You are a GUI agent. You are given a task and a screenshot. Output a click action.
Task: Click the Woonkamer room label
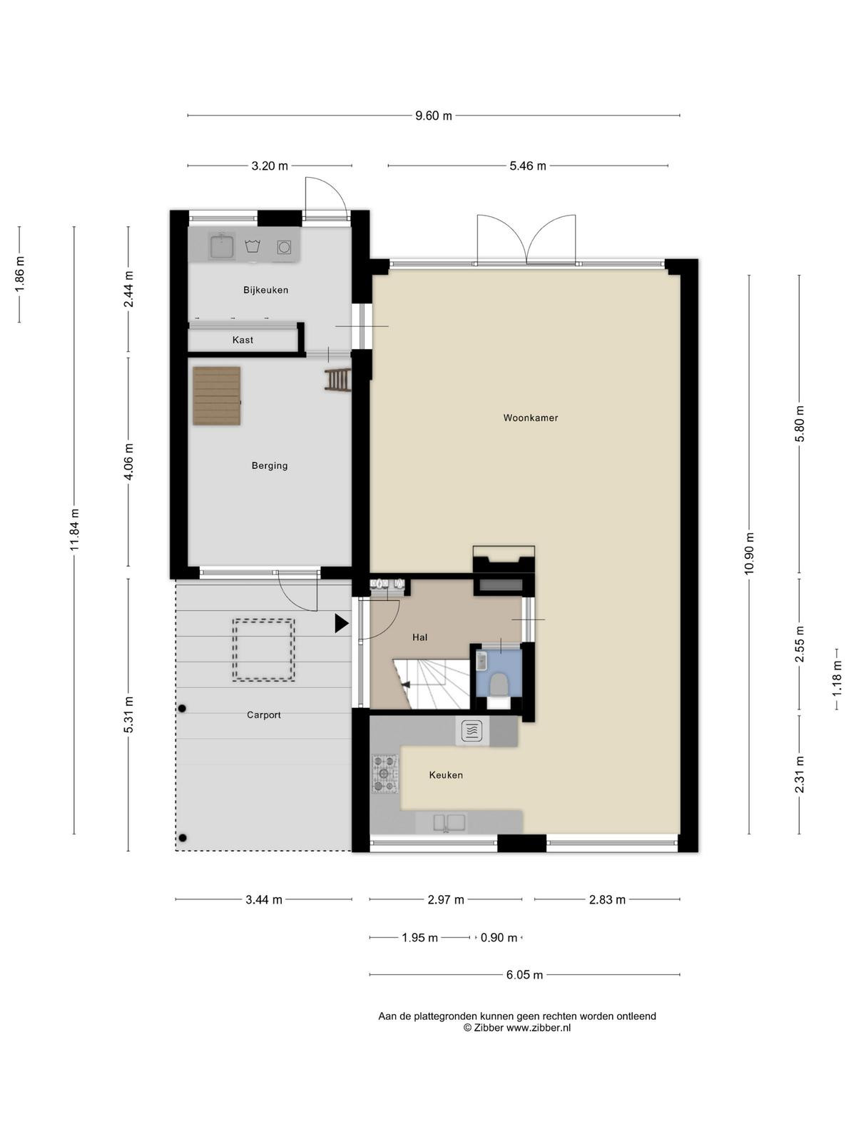coord(530,418)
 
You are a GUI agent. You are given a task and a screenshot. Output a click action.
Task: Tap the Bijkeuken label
coord(265,290)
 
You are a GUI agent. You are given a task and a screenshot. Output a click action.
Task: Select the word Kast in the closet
coord(243,340)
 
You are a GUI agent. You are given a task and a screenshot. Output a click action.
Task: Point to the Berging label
coord(269,465)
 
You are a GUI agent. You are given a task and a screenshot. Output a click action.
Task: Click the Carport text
coord(263,715)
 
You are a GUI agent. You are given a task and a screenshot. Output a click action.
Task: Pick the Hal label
coord(419,637)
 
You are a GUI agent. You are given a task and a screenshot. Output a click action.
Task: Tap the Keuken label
coord(445,774)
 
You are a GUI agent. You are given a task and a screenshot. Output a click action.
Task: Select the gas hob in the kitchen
coord(385,774)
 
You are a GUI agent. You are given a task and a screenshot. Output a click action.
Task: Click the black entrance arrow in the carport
coord(341,623)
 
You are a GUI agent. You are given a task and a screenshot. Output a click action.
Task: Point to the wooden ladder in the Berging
coord(338,379)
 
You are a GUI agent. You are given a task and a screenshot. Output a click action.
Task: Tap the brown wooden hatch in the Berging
coord(217,396)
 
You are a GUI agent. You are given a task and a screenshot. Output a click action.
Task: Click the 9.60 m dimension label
coord(434,116)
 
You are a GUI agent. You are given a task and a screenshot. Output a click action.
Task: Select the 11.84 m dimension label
coord(74,530)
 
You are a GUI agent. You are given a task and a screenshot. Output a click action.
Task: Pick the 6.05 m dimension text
coord(524,975)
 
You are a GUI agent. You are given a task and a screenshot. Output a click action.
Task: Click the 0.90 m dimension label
coord(499,938)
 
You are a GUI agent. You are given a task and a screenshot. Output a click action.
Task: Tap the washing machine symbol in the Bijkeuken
coord(284,247)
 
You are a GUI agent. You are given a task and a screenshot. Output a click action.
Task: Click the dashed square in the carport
coord(263,650)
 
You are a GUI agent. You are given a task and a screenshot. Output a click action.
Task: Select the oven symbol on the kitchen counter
coord(472,731)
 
